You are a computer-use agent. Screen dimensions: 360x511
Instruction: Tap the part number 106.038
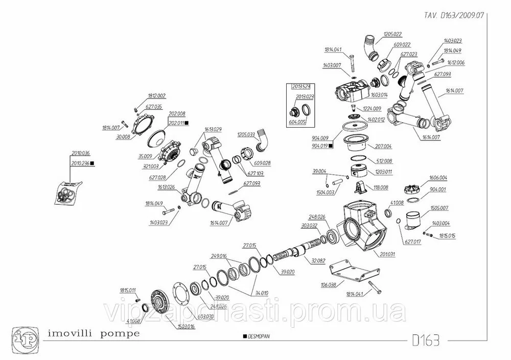[328, 285]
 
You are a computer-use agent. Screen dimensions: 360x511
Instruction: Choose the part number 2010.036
[80, 153]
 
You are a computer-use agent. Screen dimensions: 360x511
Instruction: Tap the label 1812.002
[157, 96]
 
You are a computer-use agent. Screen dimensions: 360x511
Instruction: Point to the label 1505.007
[439, 208]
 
